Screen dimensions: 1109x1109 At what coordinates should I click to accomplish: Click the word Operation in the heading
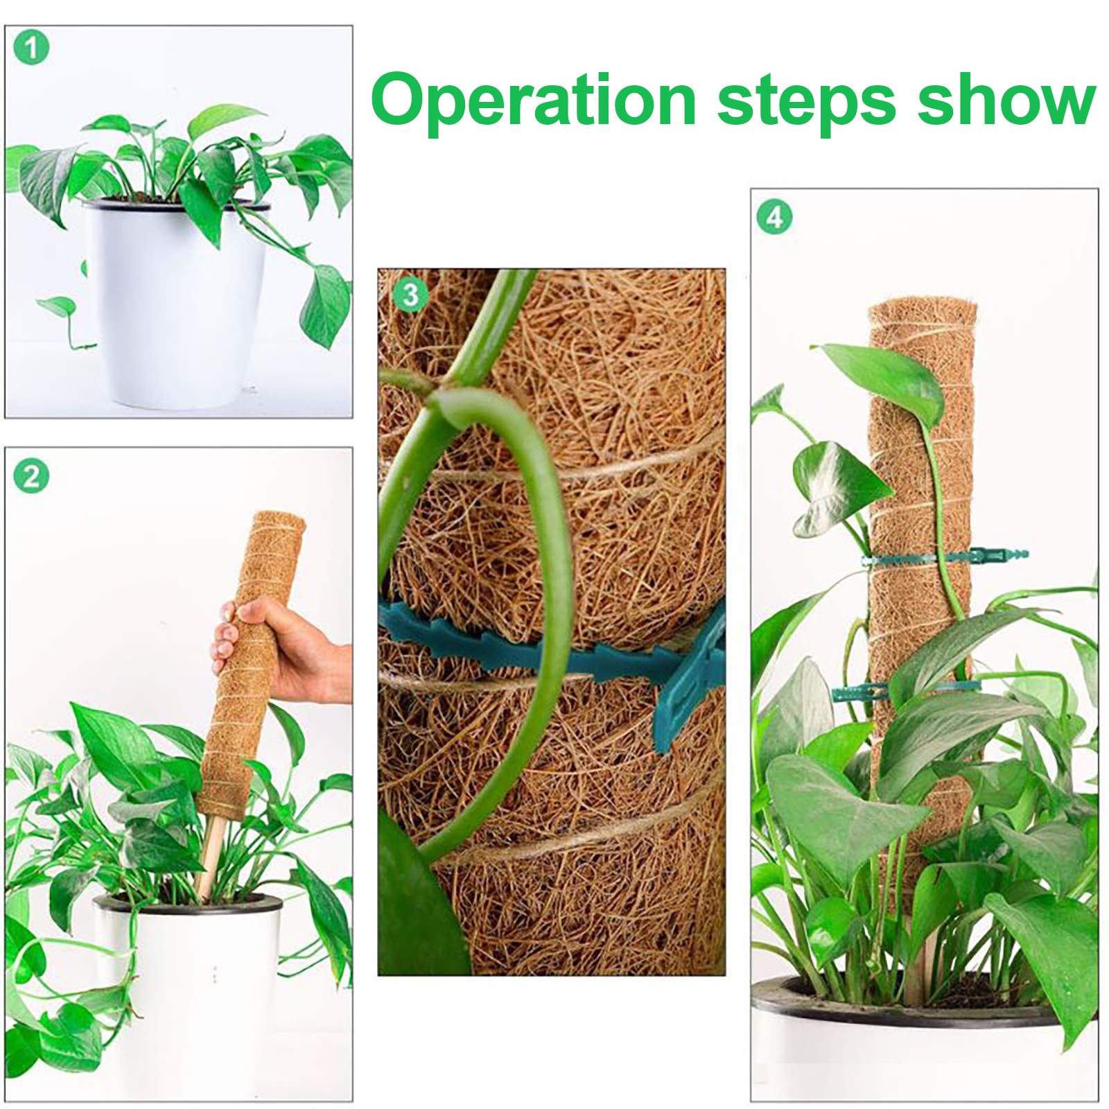[x=534, y=103]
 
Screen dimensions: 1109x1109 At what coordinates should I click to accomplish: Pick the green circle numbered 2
[x=31, y=477]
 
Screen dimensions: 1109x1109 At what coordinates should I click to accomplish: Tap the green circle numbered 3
[x=410, y=295]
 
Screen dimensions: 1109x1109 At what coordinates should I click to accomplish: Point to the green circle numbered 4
[x=774, y=218]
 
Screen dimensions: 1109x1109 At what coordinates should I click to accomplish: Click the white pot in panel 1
[x=177, y=305]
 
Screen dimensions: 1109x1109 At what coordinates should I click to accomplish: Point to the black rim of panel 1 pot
[x=177, y=203]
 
